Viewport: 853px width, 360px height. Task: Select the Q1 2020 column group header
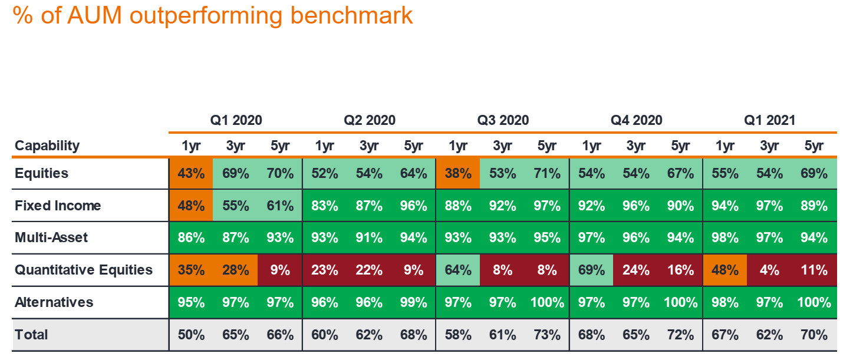coord(236,120)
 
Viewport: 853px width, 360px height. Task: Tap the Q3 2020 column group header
coord(503,120)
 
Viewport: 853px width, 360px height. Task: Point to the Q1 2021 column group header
coord(769,120)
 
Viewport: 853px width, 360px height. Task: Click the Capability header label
coord(47,146)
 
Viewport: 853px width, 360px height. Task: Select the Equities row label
coord(41,173)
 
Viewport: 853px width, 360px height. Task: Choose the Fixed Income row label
coord(58,206)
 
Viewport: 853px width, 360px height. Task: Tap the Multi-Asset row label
coord(51,237)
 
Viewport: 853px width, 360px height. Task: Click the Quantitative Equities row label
coord(84,270)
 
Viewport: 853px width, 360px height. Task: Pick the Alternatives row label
coord(54,302)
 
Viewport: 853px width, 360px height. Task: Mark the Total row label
coord(31,335)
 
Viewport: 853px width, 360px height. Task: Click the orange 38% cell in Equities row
coord(458,174)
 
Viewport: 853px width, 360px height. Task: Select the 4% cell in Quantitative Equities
coord(769,270)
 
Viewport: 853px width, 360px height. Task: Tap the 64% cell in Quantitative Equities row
coord(458,270)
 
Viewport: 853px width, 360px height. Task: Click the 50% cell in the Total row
coord(192,335)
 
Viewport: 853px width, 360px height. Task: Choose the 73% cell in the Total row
coord(547,335)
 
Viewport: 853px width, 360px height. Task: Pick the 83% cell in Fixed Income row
coord(325,206)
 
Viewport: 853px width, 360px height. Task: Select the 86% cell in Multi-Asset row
coord(192,238)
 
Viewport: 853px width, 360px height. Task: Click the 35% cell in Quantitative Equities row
coord(192,270)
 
